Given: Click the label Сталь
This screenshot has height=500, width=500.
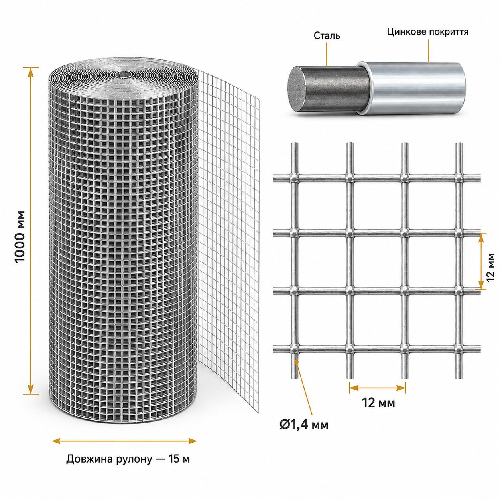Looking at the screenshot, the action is (x=327, y=36).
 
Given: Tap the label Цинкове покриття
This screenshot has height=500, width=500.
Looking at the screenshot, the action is (x=427, y=32).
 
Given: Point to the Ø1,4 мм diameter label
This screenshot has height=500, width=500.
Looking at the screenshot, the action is (x=304, y=425).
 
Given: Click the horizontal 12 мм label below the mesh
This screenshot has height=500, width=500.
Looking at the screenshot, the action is (x=378, y=403).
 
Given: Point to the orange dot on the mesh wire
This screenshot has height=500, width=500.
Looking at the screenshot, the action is (x=297, y=361).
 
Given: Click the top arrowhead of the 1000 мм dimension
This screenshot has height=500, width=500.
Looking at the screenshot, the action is (x=31, y=73).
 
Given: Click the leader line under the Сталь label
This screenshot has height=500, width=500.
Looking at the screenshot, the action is (x=327, y=54).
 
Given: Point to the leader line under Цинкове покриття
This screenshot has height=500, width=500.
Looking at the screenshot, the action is (x=428, y=51).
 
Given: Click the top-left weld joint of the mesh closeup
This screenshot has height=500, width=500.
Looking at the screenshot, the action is (x=294, y=178).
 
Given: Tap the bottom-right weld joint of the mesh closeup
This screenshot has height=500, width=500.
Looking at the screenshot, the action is (x=459, y=350).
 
